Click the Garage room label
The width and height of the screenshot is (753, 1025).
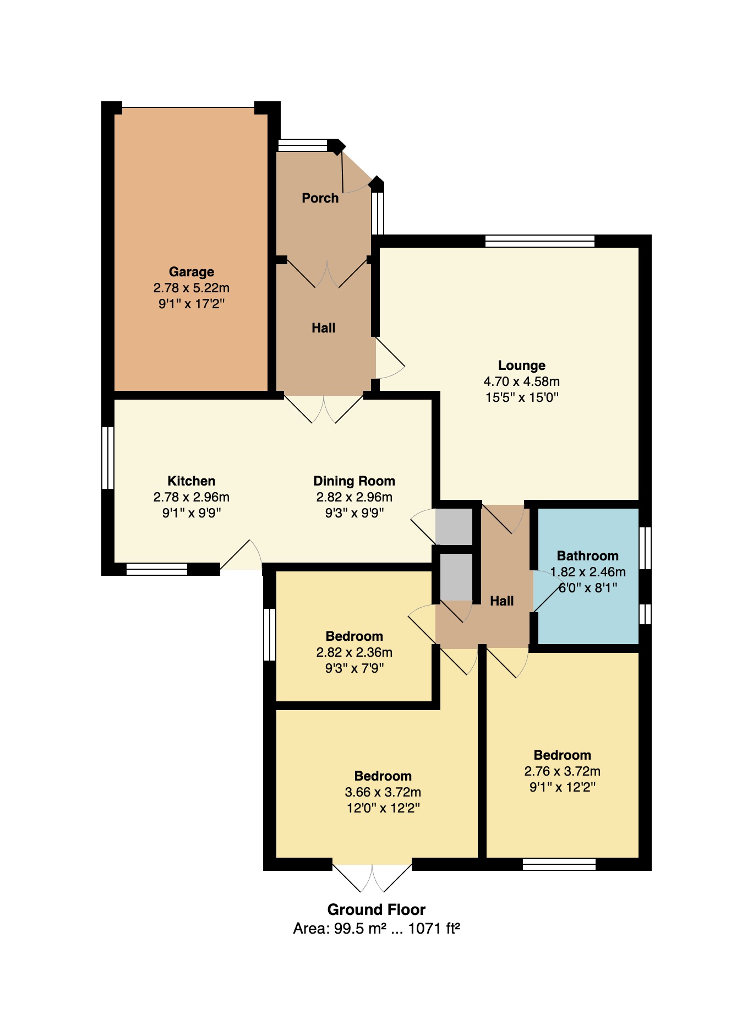pyautogui.click(x=192, y=271)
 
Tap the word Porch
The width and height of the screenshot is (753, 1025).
pyautogui.click(x=320, y=198)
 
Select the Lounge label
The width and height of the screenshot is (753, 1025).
pyautogui.click(x=522, y=365)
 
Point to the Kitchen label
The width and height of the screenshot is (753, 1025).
pyautogui.click(x=192, y=481)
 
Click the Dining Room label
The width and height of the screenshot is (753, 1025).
pyautogui.click(x=354, y=481)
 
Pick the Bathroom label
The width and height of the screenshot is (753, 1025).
pyautogui.click(x=588, y=555)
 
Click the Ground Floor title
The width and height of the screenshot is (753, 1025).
pyautogui.click(x=376, y=909)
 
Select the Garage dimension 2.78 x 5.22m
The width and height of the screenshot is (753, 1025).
pyautogui.click(x=192, y=287)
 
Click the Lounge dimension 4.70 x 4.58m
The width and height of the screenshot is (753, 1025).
pyautogui.click(x=522, y=381)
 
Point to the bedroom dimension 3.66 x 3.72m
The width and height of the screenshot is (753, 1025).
pyautogui.click(x=383, y=792)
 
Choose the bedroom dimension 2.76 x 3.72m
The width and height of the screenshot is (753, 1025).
pyautogui.click(x=563, y=771)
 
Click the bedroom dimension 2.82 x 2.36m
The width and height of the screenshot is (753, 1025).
pyautogui.click(x=354, y=652)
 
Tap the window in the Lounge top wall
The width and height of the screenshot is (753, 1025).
pyautogui.click(x=540, y=241)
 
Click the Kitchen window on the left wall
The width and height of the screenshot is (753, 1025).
pyautogui.click(x=108, y=457)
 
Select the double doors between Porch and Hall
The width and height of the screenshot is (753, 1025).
pyautogui.click(x=328, y=274)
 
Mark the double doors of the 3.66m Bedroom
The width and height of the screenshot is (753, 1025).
pyautogui.click(x=372, y=877)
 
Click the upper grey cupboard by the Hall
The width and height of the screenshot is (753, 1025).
pyautogui.click(x=454, y=527)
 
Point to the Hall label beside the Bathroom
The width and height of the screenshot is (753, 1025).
pyautogui.click(x=502, y=601)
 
